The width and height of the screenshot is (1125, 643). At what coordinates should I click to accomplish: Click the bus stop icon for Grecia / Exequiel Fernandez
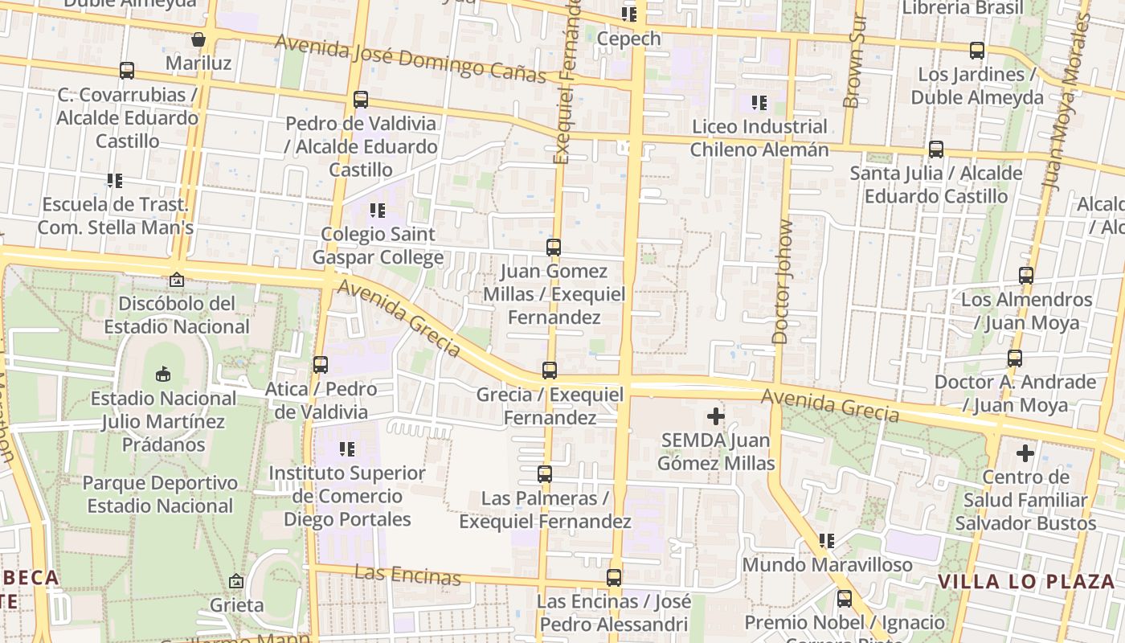point(550,371)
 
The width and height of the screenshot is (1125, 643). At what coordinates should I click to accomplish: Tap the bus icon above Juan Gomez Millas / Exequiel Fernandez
point(554,248)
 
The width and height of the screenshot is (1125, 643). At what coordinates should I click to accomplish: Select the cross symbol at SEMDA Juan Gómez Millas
point(715,416)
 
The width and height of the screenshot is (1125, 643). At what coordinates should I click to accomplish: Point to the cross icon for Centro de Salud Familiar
point(1025,453)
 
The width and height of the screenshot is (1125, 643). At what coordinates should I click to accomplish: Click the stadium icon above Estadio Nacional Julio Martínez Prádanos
point(163,374)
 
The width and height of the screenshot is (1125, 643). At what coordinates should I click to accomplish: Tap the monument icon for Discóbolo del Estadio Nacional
point(177,280)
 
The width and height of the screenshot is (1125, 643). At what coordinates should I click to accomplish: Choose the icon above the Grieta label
point(236,581)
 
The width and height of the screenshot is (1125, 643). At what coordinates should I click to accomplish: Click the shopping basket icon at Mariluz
point(198,39)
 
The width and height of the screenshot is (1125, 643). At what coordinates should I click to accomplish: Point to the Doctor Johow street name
point(783,282)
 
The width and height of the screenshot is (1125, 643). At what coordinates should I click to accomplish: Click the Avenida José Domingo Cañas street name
point(410,59)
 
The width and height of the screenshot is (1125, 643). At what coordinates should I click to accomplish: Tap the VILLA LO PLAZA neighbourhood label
point(1026,581)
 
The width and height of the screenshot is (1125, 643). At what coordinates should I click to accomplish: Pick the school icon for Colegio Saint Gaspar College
point(377,211)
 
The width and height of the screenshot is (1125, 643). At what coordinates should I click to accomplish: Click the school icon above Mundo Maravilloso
point(827,541)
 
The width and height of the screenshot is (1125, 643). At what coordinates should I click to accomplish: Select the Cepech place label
point(629,39)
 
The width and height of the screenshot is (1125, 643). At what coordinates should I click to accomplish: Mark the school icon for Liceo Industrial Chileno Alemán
point(759,103)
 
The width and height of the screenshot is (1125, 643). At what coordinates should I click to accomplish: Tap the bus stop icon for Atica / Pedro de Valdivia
point(321,365)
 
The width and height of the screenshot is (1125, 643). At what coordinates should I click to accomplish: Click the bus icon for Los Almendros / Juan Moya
point(1026,276)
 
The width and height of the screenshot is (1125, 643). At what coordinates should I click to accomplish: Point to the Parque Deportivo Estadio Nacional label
point(161,494)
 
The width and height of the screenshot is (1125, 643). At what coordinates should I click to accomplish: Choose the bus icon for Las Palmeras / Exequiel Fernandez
point(545,474)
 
